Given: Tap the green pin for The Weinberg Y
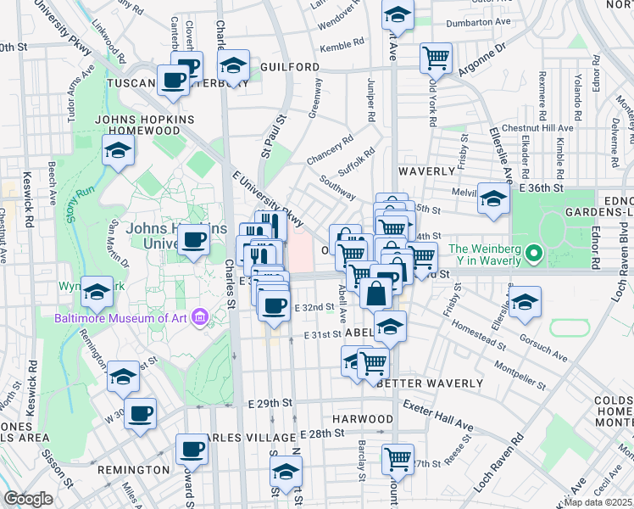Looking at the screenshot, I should click(x=534, y=254).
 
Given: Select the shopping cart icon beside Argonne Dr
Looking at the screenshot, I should click(x=436, y=58).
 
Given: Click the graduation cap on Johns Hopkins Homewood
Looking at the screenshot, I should click(x=119, y=151).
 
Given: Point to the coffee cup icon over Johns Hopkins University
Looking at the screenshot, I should click(x=194, y=240).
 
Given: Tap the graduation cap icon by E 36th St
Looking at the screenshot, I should click(x=493, y=199).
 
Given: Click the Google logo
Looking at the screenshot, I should click(x=29, y=499).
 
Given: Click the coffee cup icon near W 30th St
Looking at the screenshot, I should click(x=140, y=414).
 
